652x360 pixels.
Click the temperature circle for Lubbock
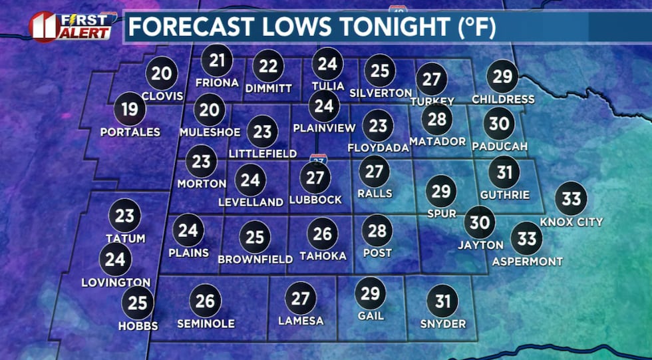coord(315,176)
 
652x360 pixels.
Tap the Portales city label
coord(130,132)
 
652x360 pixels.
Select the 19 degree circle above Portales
coord(130,108)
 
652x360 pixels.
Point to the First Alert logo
coord(69,26)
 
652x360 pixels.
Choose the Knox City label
coord(571,222)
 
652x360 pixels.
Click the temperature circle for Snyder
coord(442,301)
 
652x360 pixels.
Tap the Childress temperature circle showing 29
coord(502,76)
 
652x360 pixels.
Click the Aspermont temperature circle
coord(527,238)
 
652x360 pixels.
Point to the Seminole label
coord(206,323)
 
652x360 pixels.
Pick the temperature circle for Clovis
coord(161,73)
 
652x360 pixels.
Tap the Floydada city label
coord(378,148)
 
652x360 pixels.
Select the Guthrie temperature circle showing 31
coord(504,173)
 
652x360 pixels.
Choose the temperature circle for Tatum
coord(125,215)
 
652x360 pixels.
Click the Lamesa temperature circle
coord(301,297)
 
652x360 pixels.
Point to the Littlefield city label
coord(262,154)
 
